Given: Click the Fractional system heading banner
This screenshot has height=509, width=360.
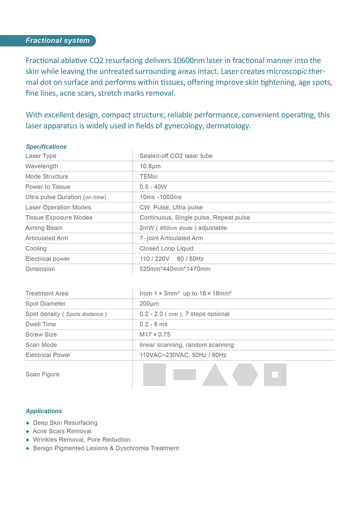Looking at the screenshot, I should pyautogui.click(x=58, y=41).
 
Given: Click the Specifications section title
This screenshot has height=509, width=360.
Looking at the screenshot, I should pyautogui.click(x=46, y=147).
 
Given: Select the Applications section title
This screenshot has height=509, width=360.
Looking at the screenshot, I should pyautogui.click(x=44, y=411).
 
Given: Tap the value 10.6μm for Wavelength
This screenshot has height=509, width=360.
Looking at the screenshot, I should pyautogui.click(x=150, y=166).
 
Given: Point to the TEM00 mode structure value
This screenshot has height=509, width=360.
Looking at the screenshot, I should pyautogui.click(x=148, y=176).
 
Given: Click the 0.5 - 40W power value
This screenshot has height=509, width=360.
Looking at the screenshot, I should pyautogui.click(x=153, y=186).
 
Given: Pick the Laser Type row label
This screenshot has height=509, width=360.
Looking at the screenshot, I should pyautogui.click(x=41, y=156).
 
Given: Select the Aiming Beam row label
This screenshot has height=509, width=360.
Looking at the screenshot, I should pyautogui.click(x=44, y=228).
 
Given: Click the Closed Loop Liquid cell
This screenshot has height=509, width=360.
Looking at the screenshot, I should pyautogui.click(x=166, y=248).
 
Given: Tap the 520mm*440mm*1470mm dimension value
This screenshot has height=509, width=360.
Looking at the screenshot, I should pyautogui.click(x=175, y=269).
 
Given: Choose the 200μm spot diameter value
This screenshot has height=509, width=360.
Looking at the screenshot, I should pyautogui.click(x=149, y=303).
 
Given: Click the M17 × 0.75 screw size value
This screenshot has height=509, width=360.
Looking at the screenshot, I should pyautogui.click(x=155, y=334).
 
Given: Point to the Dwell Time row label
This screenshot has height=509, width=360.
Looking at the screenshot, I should pyautogui.click(x=41, y=324).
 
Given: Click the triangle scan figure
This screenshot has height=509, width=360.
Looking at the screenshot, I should pyautogui.click(x=215, y=375).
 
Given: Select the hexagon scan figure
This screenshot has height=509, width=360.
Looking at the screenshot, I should pyautogui.click(x=245, y=375).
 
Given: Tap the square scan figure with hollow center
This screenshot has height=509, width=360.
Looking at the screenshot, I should pyautogui.click(x=275, y=375).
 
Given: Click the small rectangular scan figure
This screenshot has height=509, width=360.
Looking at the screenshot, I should pyautogui.click(x=185, y=375).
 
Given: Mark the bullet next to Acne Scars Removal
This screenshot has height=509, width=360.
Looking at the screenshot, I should pyautogui.click(x=27, y=431).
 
